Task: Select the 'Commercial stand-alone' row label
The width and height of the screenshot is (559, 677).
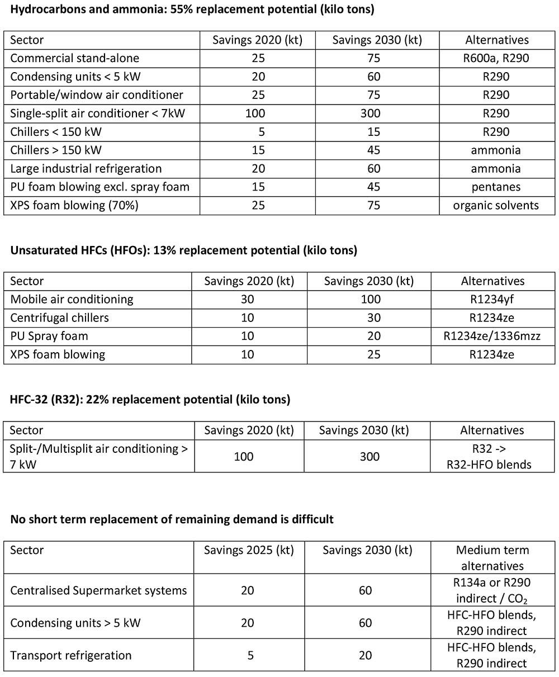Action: [x=75, y=58]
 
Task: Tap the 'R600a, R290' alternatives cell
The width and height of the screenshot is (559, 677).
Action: [x=496, y=58]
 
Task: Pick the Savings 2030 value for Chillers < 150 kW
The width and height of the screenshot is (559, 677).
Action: [x=373, y=132]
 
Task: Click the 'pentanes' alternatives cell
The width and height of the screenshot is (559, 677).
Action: [x=496, y=187]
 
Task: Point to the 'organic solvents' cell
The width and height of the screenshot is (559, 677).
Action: [x=496, y=205]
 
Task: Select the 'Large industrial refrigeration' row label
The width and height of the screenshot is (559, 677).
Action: [x=86, y=168]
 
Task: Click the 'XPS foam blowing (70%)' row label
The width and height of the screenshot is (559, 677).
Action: [x=74, y=205]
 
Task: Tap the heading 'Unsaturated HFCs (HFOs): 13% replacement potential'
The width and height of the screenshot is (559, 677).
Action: [x=183, y=250]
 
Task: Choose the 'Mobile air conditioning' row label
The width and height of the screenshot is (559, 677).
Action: [x=72, y=299]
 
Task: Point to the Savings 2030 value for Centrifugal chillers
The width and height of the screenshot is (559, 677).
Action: [x=369, y=318]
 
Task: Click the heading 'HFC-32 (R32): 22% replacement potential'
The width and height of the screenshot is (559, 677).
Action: [x=150, y=399]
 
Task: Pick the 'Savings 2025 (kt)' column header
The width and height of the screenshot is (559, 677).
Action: [x=249, y=550]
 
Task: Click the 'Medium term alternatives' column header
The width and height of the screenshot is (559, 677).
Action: [x=492, y=557]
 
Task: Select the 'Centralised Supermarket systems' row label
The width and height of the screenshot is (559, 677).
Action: [x=98, y=590]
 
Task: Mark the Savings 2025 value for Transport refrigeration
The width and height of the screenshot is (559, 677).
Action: [x=249, y=655]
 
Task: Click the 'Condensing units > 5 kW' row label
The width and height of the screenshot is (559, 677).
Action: [x=75, y=623]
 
